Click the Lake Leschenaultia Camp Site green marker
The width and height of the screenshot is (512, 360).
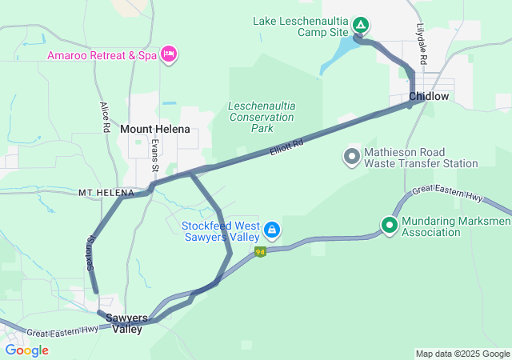361,25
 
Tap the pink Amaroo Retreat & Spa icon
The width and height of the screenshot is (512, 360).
168,54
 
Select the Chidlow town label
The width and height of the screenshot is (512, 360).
429,97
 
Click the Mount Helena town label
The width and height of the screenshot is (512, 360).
155,129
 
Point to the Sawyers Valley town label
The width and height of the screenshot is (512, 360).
127,323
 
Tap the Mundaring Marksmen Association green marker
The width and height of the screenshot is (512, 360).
390,226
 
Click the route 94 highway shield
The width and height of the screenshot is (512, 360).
260,252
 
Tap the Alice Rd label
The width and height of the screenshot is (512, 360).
104,117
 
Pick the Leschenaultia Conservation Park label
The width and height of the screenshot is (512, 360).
262,117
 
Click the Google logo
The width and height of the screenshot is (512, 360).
26,350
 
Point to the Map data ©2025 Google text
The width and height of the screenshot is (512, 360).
462,354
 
